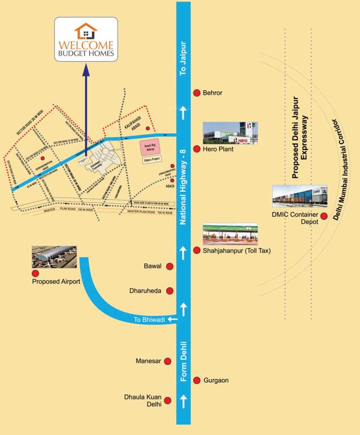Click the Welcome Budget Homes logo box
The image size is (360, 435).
click(x=86, y=39)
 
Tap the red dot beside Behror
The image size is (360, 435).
click(x=197, y=93)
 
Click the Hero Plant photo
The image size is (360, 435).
click(x=230, y=133)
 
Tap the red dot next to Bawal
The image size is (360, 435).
click(x=168, y=266)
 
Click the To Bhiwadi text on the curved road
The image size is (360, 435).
click(x=150, y=320)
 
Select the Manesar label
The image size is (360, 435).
click(x=149, y=361)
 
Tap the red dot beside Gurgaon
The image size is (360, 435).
click(x=197, y=380)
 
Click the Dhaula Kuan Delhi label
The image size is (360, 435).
click(x=143, y=400)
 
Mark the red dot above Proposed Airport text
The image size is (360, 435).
click(x=36, y=273)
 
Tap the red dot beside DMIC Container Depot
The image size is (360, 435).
click(x=324, y=216)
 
